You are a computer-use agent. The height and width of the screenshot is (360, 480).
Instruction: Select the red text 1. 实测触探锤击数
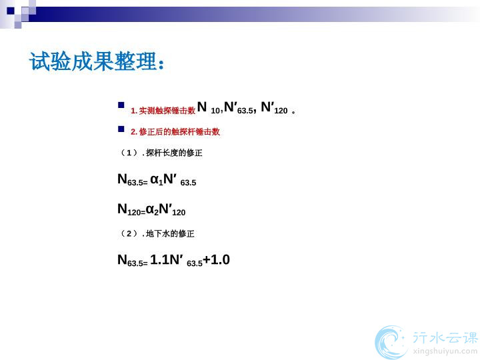pyautogui.click(x=163, y=111)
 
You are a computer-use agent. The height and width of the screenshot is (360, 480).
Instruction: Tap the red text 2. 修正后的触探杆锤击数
pyautogui.click(x=175, y=131)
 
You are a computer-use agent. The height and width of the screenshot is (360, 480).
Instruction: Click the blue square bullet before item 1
pyautogui.click(x=121, y=105)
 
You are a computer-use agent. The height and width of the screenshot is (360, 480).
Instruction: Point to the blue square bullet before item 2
pyautogui.click(x=121, y=129)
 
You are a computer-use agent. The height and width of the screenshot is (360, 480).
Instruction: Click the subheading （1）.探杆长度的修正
pyautogui.click(x=160, y=153)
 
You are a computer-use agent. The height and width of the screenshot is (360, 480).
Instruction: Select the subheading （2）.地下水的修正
pyautogui.click(x=156, y=233)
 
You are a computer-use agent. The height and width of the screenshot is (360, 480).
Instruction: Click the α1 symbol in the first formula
pyautogui.click(x=157, y=180)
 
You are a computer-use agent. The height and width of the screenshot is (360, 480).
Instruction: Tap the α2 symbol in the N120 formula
pyautogui.click(x=153, y=210)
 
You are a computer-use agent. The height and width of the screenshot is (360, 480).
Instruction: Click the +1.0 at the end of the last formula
pyautogui.click(x=217, y=259)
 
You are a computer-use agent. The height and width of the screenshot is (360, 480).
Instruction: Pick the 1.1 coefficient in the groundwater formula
pyautogui.click(x=160, y=259)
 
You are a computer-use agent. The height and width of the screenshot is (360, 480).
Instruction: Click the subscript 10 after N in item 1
pyautogui.click(x=215, y=111)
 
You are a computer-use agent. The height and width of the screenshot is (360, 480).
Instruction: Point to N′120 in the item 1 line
pyautogui.click(x=274, y=108)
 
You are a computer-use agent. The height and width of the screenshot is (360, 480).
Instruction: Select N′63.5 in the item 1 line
pyautogui.click(x=239, y=108)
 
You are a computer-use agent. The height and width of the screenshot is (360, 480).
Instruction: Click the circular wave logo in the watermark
pyautogui.click(x=391, y=342)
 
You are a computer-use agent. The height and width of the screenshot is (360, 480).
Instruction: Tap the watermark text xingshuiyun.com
pyautogui.click(x=445, y=351)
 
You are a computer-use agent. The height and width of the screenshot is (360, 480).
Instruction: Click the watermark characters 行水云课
pyautogui.click(x=445, y=337)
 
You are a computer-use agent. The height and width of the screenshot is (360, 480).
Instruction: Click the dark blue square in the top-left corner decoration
pyautogui.click(x=11, y=11)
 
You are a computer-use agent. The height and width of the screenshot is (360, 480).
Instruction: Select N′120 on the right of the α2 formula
pyautogui.click(x=173, y=210)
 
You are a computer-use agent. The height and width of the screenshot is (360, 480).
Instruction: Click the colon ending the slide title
pyautogui.click(x=161, y=64)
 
